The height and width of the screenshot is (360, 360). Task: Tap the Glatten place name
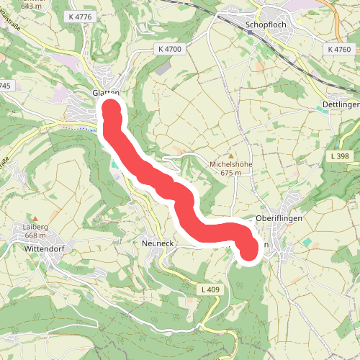tap(105, 94)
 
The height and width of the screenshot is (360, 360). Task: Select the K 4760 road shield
tap(338, 50)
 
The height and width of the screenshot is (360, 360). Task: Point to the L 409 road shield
tap(210, 289)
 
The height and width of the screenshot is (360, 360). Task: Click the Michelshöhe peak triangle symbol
tap(231, 156)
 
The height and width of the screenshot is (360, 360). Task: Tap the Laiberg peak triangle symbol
tap(35, 217)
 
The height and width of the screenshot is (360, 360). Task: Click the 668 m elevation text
tap(35, 235)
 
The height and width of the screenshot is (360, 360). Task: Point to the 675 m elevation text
tap(230, 173)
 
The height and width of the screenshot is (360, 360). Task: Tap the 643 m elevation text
tap(32, 6)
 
